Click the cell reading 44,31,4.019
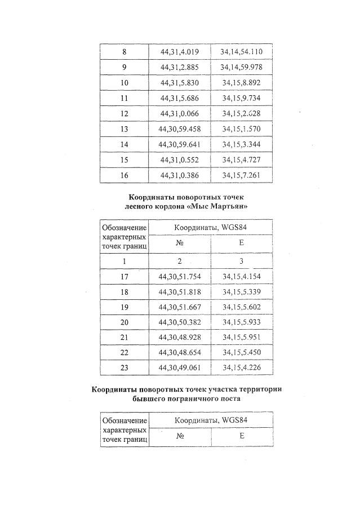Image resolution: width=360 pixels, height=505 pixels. (x=180, y=51)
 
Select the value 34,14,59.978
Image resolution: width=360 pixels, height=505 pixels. (x=242, y=67)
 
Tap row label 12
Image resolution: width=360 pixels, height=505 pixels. (x=125, y=113)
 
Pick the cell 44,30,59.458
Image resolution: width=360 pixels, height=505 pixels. (x=180, y=129)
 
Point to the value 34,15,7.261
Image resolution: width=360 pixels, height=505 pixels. (x=242, y=175)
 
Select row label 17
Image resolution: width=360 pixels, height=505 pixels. (x=125, y=277)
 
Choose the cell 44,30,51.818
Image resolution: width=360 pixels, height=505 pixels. (x=180, y=292)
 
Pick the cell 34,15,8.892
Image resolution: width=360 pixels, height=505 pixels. (x=242, y=82)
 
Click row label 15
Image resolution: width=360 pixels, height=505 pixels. (x=125, y=160)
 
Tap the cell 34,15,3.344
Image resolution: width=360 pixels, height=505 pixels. (x=242, y=144)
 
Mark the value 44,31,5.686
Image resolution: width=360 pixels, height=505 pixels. (x=180, y=98)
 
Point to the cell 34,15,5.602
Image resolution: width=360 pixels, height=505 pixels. (x=242, y=307)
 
